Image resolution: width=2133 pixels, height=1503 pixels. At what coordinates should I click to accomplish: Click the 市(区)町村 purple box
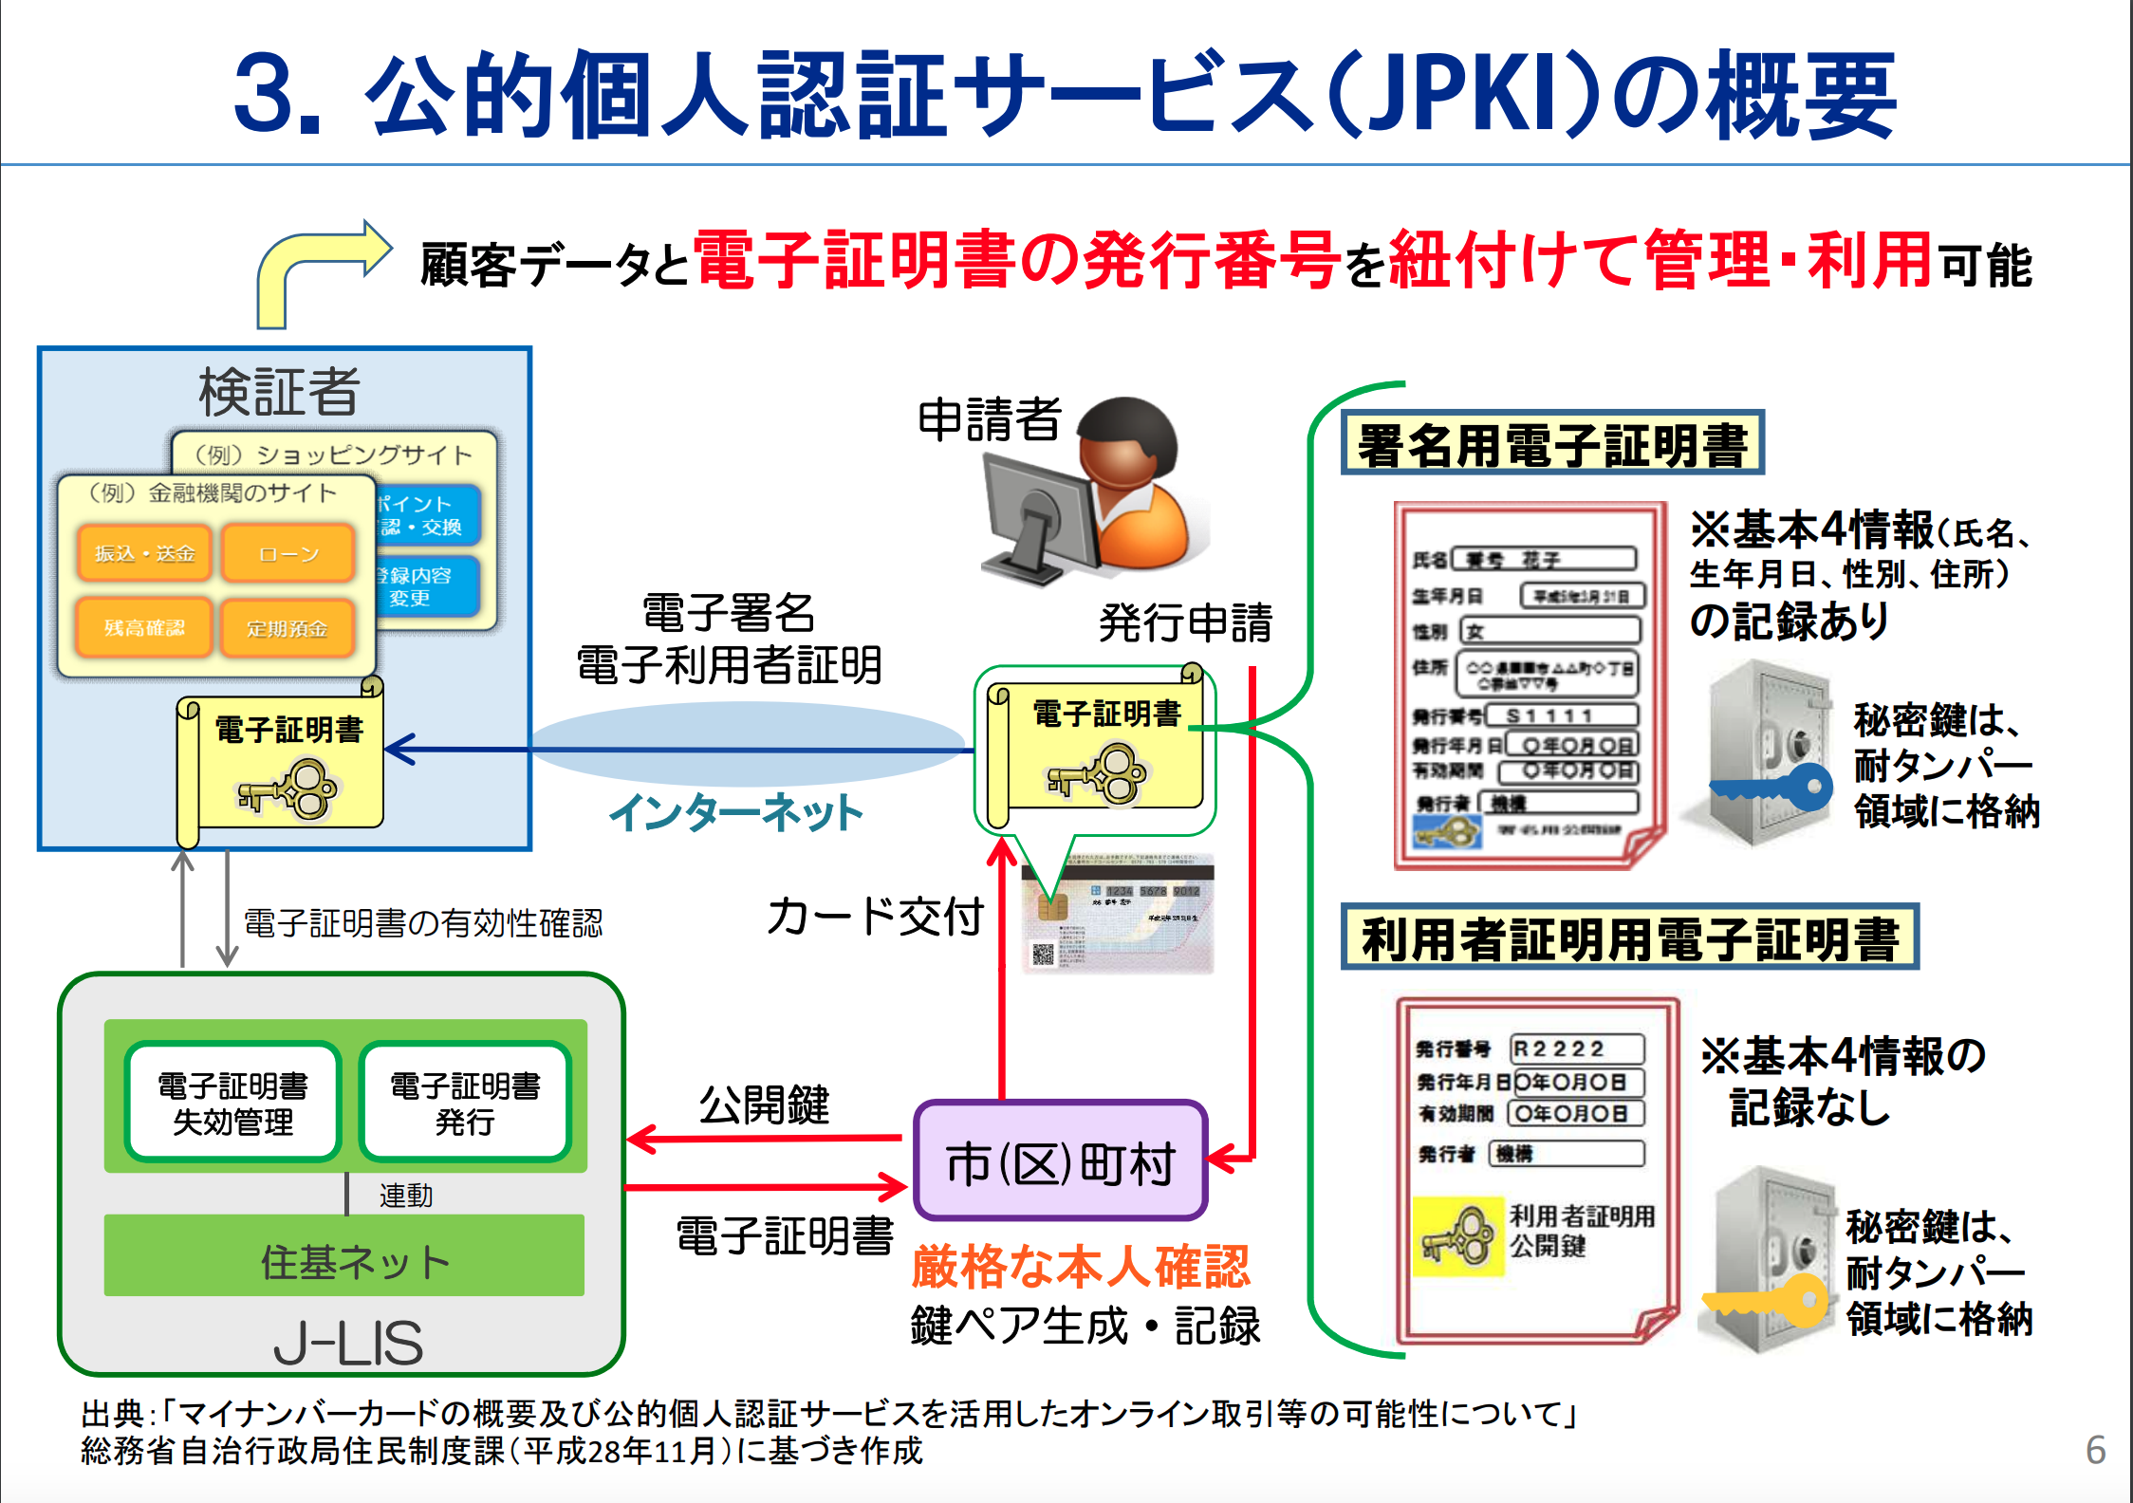point(1059,1161)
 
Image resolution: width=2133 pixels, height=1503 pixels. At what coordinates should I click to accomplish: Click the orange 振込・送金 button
point(144,553)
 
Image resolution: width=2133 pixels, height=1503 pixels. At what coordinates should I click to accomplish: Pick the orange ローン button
point(288,553)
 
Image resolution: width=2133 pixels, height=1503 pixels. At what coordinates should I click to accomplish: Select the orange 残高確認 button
point(144,627)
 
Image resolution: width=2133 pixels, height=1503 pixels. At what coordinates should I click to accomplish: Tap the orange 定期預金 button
point(287,627)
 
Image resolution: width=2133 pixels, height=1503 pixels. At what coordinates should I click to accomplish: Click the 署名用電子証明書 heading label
point(1552,444)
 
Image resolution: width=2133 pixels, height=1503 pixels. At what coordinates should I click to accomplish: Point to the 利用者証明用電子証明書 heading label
point(1629,937)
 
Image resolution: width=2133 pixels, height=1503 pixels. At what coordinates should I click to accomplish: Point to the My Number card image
point(1120,916)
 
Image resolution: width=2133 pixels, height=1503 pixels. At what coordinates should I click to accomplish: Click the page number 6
point(2095,1450)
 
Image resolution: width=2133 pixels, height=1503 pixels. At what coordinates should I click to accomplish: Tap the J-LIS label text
point(348,1342)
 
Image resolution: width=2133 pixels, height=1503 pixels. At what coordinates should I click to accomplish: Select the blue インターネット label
point(736,813)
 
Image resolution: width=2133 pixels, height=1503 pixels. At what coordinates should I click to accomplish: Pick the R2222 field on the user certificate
point(1575,1048)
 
